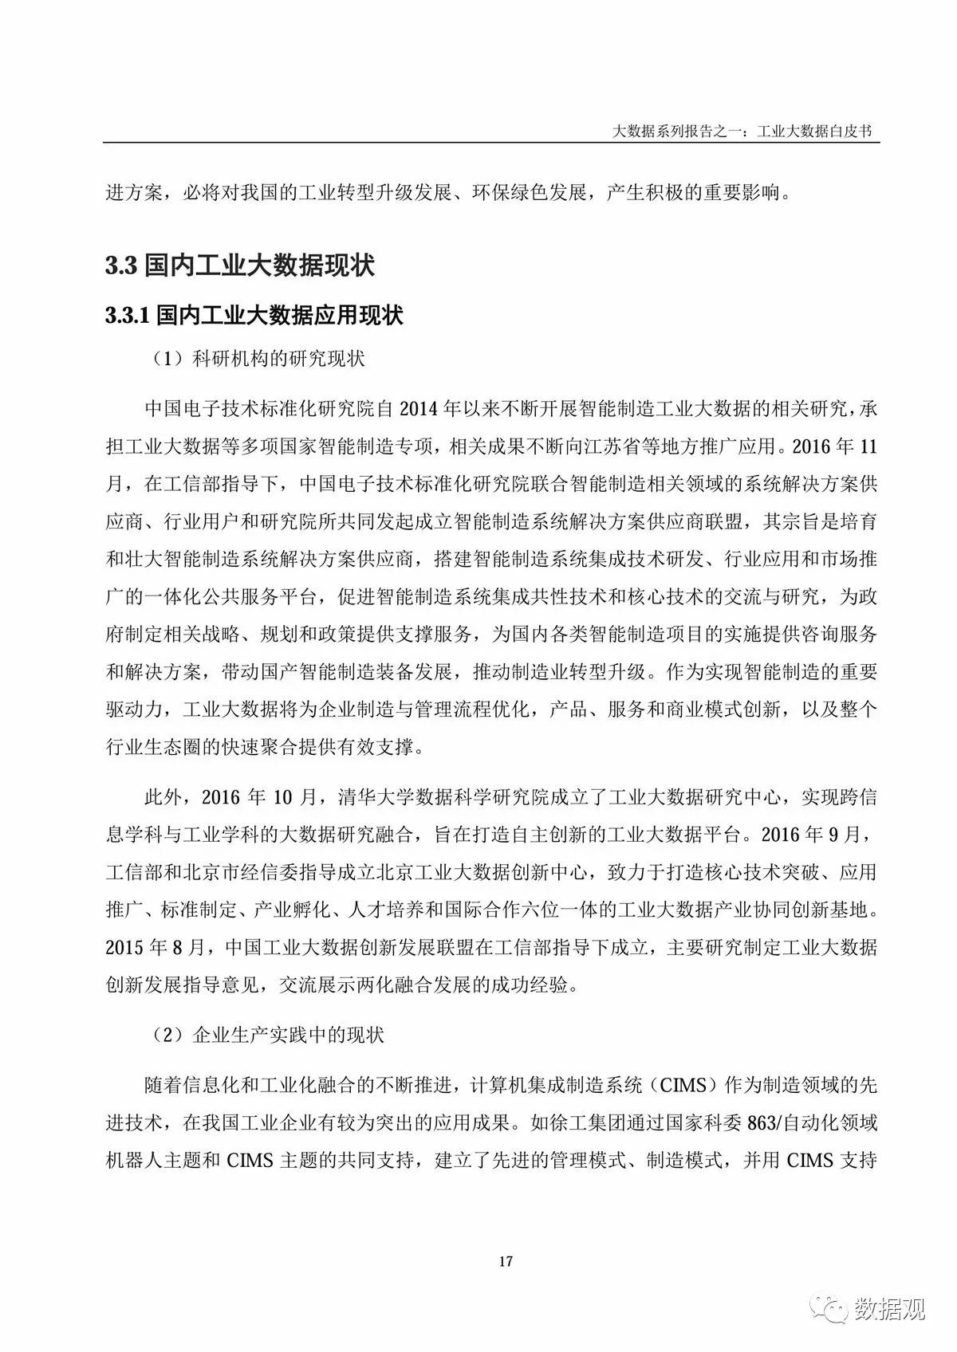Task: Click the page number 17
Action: coord(505,1261)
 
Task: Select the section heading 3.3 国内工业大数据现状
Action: coord(240,265)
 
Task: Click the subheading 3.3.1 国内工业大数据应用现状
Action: coord(254,315)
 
